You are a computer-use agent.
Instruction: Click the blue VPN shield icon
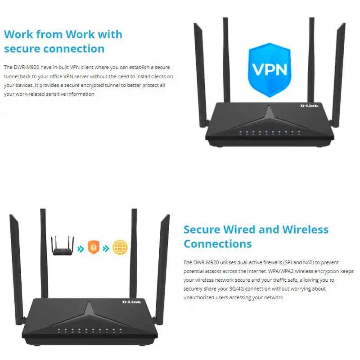click(270, 70)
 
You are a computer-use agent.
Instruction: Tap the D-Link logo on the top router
click(309, 106)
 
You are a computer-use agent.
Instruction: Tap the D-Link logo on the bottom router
click(131, 301)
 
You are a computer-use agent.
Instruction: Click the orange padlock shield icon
click(94, 247)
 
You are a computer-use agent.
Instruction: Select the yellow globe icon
click(120, 247)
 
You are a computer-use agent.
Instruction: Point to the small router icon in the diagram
click(63, 246)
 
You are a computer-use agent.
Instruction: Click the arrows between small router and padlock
click(81, 249)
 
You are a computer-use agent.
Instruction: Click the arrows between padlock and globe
click(106, 248)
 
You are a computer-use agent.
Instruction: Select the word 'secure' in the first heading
click(22, 49)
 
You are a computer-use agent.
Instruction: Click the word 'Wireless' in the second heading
click(305, 229)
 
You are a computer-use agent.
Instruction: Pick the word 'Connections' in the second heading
click(218, 244)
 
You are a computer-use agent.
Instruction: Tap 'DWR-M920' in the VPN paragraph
click(27, 67)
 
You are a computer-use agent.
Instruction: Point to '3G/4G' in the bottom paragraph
click(237, 288)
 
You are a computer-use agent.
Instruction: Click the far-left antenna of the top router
click(200, 75)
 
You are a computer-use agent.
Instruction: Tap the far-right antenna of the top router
click(338, 75)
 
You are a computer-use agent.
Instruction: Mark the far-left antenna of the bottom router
click(17, 269)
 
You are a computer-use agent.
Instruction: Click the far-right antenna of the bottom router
click(162, 269)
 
